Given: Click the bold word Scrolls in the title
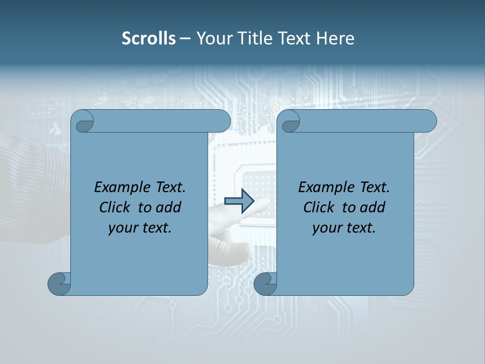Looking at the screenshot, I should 149,38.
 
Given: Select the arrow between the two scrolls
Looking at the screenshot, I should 239,201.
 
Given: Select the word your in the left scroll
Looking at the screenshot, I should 122,229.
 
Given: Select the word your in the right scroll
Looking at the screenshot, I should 326,229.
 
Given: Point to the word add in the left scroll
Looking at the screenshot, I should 168,208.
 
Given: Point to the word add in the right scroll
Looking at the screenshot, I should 372,208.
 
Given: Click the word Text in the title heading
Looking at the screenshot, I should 296,38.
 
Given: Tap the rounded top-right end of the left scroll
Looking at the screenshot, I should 222,121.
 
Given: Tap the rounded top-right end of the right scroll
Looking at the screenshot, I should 428,121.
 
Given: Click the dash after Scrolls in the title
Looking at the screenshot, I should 185,39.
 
